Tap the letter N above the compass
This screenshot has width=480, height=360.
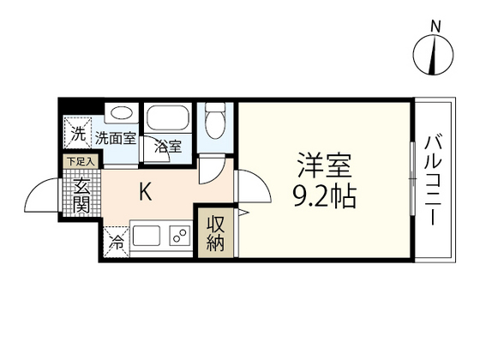point(435,27)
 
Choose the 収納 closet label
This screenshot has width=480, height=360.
point(215,232)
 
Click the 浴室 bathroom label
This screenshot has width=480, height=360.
point(167,145)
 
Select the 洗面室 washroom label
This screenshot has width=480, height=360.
point(115,136)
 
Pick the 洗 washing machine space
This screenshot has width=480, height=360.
point(78,134)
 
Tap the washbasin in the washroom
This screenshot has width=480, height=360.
point(121,114)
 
